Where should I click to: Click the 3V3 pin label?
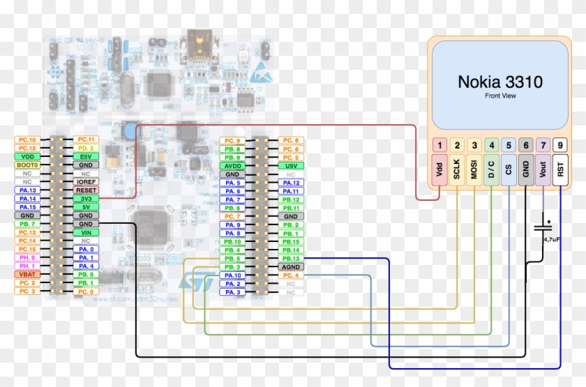pyautogui.click(x=87, y=199)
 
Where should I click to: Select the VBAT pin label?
pyautogui.click(x=28, y=275)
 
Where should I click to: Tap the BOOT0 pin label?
pyautogui.click(x=28, y=165)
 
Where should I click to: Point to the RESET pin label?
pyautogui.click(x=87, y=190)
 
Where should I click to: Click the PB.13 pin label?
pyautogui.click(x=291, y=259)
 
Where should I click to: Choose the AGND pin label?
pyautogui.click(x=291, y=267)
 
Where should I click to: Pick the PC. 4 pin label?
pyautogui.click(x=291, y=275)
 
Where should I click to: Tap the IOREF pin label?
pyautogui.click(x=87, y=182)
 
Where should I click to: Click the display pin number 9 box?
pyautogui.click(x=561, y=146)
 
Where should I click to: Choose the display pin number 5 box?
pyautogui.click(x=509, y=146)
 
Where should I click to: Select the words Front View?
pyautogui.click(x=500, y=96)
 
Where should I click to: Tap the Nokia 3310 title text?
pyautogui.click(x=500, y=82)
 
